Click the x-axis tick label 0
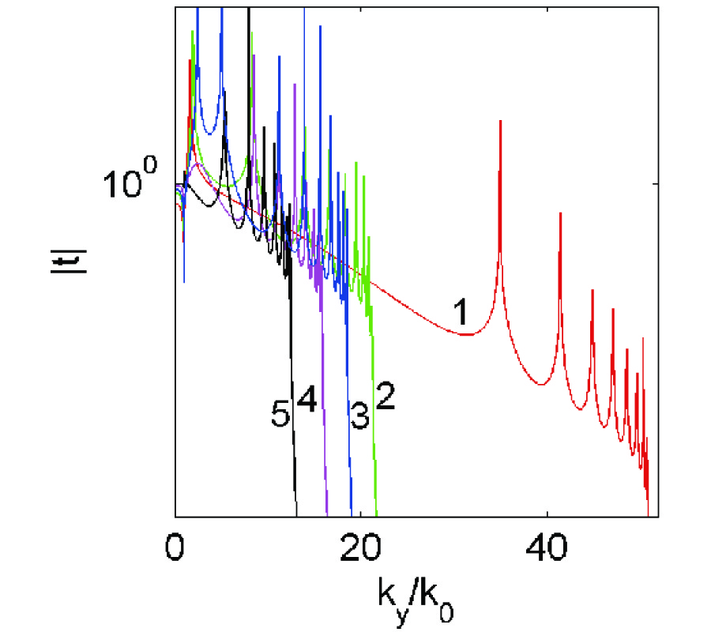click(x=174, y=547)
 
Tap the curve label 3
click(x=359, y=417)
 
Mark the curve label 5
click(x=280, y=416)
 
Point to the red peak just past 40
click(x=560, y=215)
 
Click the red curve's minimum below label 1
click(x=468, y=335)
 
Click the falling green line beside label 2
click(x=373, y=442)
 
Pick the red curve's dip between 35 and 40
click(x=540, y=385)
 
